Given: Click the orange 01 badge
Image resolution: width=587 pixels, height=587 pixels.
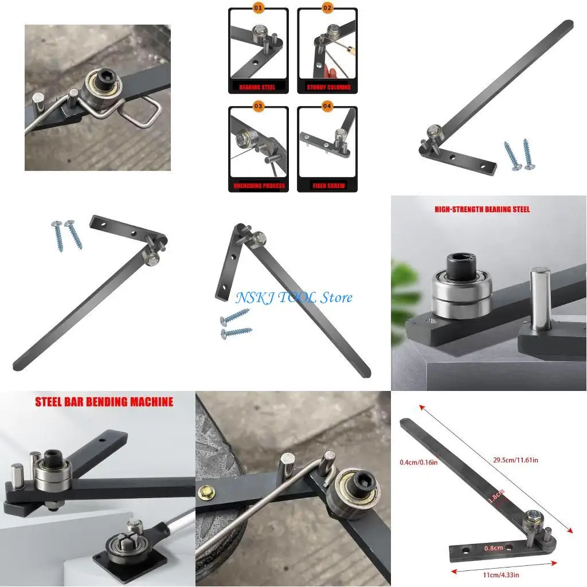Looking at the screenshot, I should coord(258,8).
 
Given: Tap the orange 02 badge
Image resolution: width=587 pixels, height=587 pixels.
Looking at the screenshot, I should coord(327,8).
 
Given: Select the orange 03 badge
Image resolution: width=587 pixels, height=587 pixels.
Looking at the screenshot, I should coord(258,105).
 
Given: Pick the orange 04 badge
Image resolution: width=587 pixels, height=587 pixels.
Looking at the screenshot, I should coord(327,105).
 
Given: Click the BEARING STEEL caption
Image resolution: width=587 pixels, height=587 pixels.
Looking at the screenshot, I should coord(258,88).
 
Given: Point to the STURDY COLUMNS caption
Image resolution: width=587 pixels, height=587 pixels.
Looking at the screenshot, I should coord(327,88).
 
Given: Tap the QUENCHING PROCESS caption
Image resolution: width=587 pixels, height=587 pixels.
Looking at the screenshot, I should coord(258,186).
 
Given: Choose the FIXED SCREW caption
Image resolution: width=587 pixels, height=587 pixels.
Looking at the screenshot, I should coord(327,186).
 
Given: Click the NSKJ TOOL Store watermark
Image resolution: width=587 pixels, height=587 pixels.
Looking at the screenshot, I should coord(293,298).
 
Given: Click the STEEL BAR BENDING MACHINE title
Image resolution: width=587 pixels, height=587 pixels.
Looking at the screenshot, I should coord(104,402).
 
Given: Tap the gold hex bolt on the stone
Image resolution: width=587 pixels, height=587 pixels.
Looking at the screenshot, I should coord(205,491).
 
